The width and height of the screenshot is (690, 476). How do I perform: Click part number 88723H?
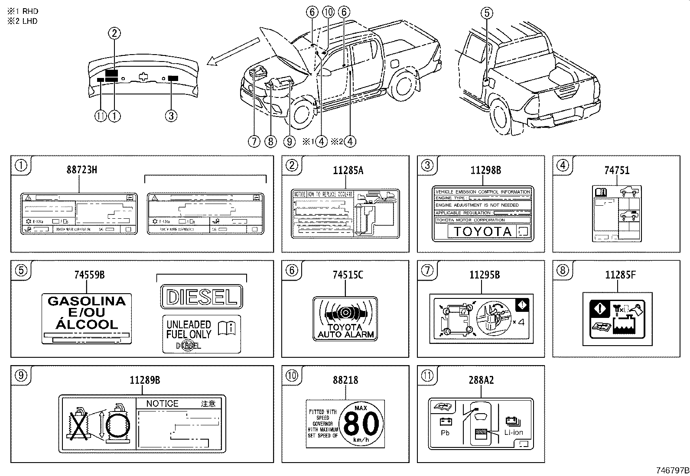(x=81, y=170)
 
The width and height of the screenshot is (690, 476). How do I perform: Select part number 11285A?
(x=348, y=170)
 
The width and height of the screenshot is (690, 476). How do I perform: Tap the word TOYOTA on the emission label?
(x=483, y=231)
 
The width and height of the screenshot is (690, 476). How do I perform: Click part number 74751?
(x=617, y=170)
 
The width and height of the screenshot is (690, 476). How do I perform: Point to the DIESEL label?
(x=202, y=297)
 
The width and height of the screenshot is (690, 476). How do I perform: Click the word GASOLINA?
(x=86, y=301)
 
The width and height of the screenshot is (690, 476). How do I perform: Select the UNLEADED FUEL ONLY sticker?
(x=202, y=334)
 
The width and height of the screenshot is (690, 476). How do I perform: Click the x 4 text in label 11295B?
(x=518, y=322)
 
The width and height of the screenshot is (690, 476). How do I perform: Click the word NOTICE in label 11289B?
(x=162, y=403)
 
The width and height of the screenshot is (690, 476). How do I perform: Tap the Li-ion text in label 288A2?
(x=513, y=432)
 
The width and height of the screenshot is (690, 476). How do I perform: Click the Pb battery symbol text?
(x=445, y=432)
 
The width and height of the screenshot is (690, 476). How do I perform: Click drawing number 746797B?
(x=672, y=470)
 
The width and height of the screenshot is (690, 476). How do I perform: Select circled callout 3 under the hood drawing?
(x=171, y=116)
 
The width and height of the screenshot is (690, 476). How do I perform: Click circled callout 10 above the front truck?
(x=328, y=12)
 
